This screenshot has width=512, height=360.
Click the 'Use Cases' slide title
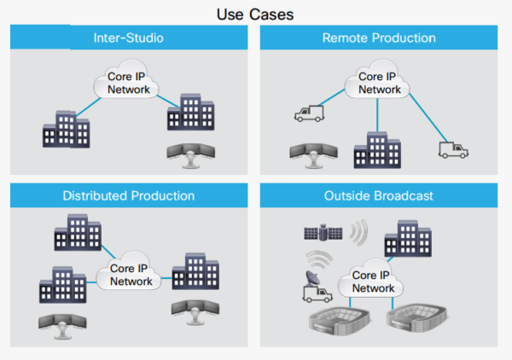[x=255, y=15]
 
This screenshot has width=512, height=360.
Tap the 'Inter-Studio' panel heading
[x=128, y=38]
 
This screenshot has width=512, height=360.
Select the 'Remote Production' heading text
[x=379, y=38]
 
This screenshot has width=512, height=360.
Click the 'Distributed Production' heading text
[x=129, y=196]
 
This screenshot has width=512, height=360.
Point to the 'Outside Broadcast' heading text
[x=378, y=196]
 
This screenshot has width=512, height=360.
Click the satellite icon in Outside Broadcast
[x=323, y=233]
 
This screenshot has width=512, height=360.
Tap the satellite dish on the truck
[x=312, y=278]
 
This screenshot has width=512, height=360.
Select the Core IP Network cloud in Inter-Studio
[x=126, y=79]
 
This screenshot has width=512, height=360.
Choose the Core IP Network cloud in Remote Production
[x=377, y=79]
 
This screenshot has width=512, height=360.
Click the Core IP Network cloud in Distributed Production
[x=129, y=271]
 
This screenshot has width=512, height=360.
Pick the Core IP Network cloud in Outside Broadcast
[x=370, y=278]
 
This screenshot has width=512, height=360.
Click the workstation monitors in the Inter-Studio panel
[x=191, y=155]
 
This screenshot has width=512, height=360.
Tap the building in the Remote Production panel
[x=377, y=150]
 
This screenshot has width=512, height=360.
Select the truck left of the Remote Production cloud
[x=309, y=113]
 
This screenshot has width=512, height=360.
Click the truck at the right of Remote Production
[x=453, y=150]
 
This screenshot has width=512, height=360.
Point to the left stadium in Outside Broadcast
[x=339, y=321]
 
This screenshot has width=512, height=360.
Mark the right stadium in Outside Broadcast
[x=416, y=317]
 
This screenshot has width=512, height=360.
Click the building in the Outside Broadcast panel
[x=408, y=239]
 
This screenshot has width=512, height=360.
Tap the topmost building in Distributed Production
[x=78, y=232]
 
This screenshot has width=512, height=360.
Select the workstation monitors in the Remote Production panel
[x=314, y=155]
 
